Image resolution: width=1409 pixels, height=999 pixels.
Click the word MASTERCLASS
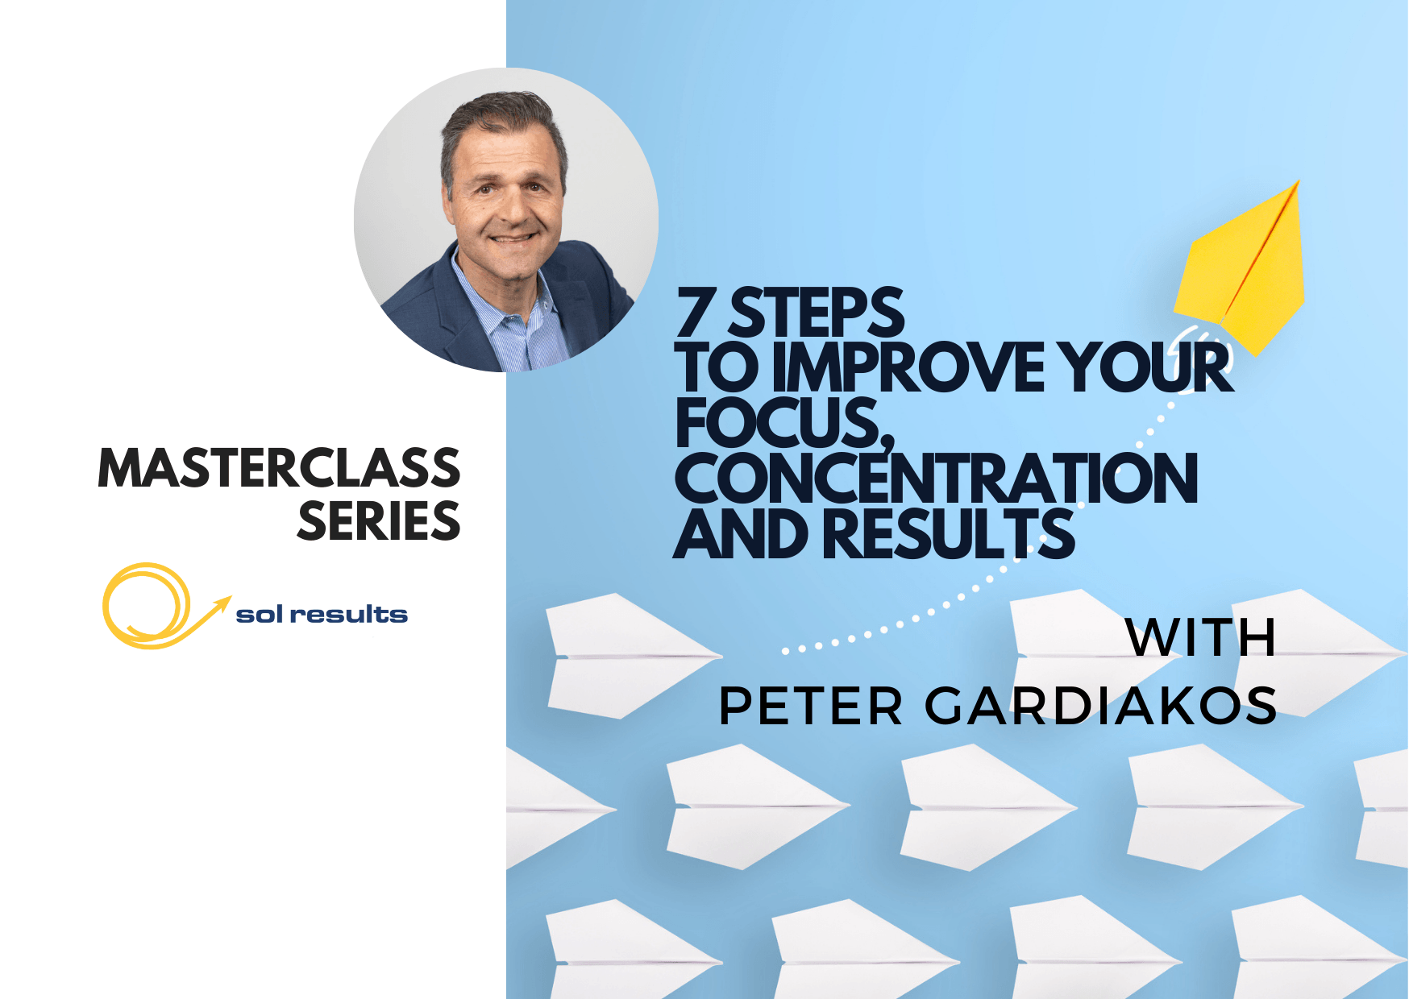(279, 468)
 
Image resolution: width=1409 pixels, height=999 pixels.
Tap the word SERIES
(379, 521)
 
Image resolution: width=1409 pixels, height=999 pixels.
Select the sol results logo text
(322, 615)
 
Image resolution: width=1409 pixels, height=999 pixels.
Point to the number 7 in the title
(696, 313)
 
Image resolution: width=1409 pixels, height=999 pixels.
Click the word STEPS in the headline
(817, 313)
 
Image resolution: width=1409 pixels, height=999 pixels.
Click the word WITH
(1201, 638)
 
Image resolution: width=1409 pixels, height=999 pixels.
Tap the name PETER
(811, 706)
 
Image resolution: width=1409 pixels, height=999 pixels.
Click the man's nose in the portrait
(509, 207)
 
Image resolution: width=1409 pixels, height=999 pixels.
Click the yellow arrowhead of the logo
(222, 603)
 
